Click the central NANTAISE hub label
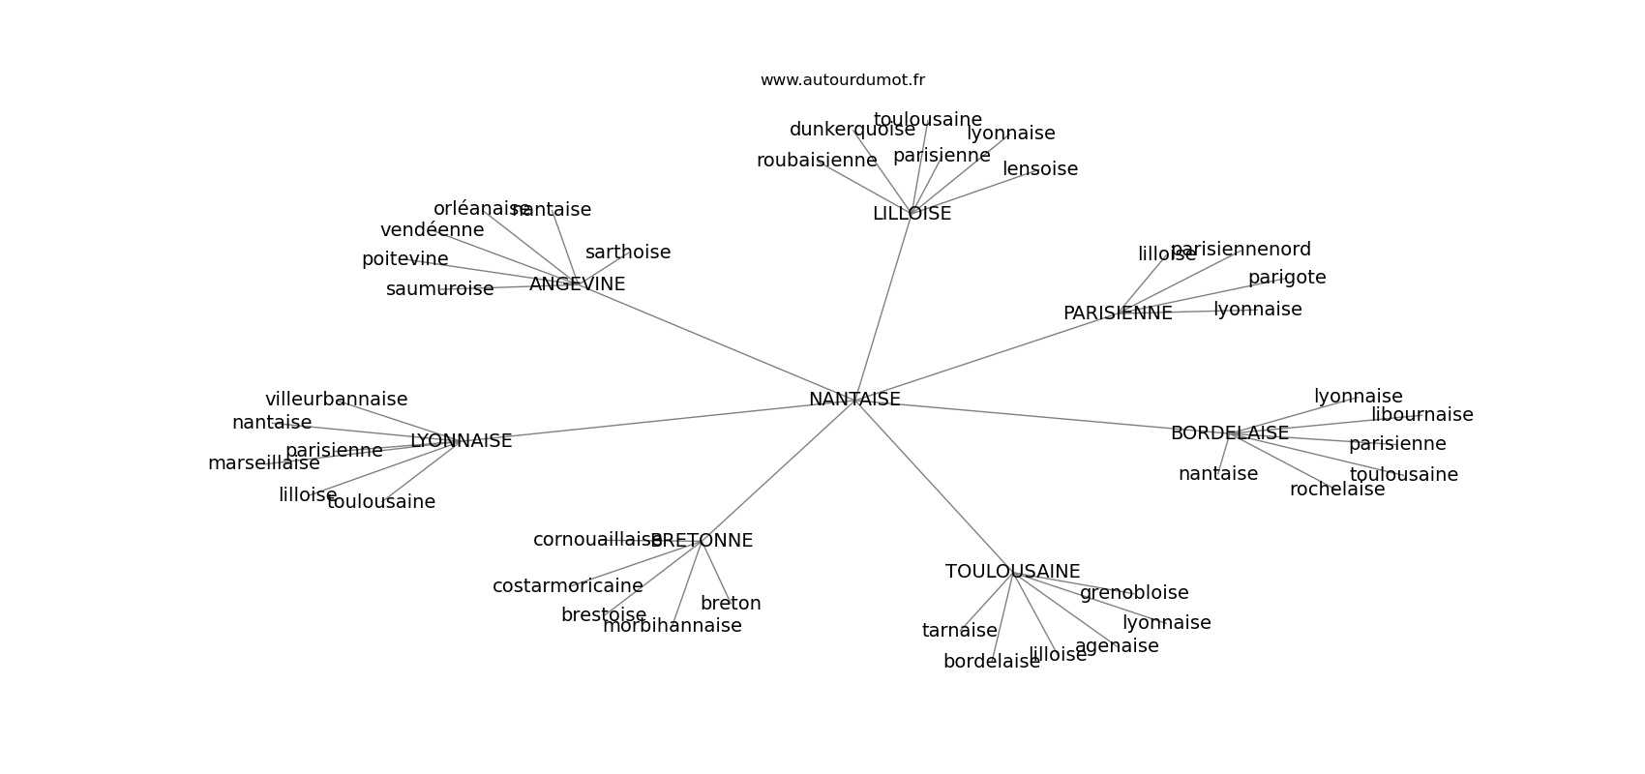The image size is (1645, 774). point(854,400)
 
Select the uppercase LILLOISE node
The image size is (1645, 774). point(912,214)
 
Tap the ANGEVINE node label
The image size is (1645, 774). point(577,284)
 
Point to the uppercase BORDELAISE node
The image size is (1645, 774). point(1229,433)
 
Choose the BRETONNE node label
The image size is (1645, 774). point(703,541)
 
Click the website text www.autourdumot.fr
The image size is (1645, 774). point(842,80)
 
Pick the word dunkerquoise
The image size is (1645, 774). point(852,130)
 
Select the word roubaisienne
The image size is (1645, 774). point(817,161)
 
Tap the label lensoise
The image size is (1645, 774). point(1040,169)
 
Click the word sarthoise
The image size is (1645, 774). point(628,253)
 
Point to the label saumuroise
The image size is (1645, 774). point(439,289)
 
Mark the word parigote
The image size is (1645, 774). point(1287,278)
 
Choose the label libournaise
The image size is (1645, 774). point(1421,415)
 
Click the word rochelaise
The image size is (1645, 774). point(1337,490)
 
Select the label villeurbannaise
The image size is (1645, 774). point(336,400)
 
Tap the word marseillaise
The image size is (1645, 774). point(263,463)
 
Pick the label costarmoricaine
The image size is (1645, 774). point(567,586)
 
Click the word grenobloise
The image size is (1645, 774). point(1134,593)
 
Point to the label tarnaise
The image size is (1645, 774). point(959,631)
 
